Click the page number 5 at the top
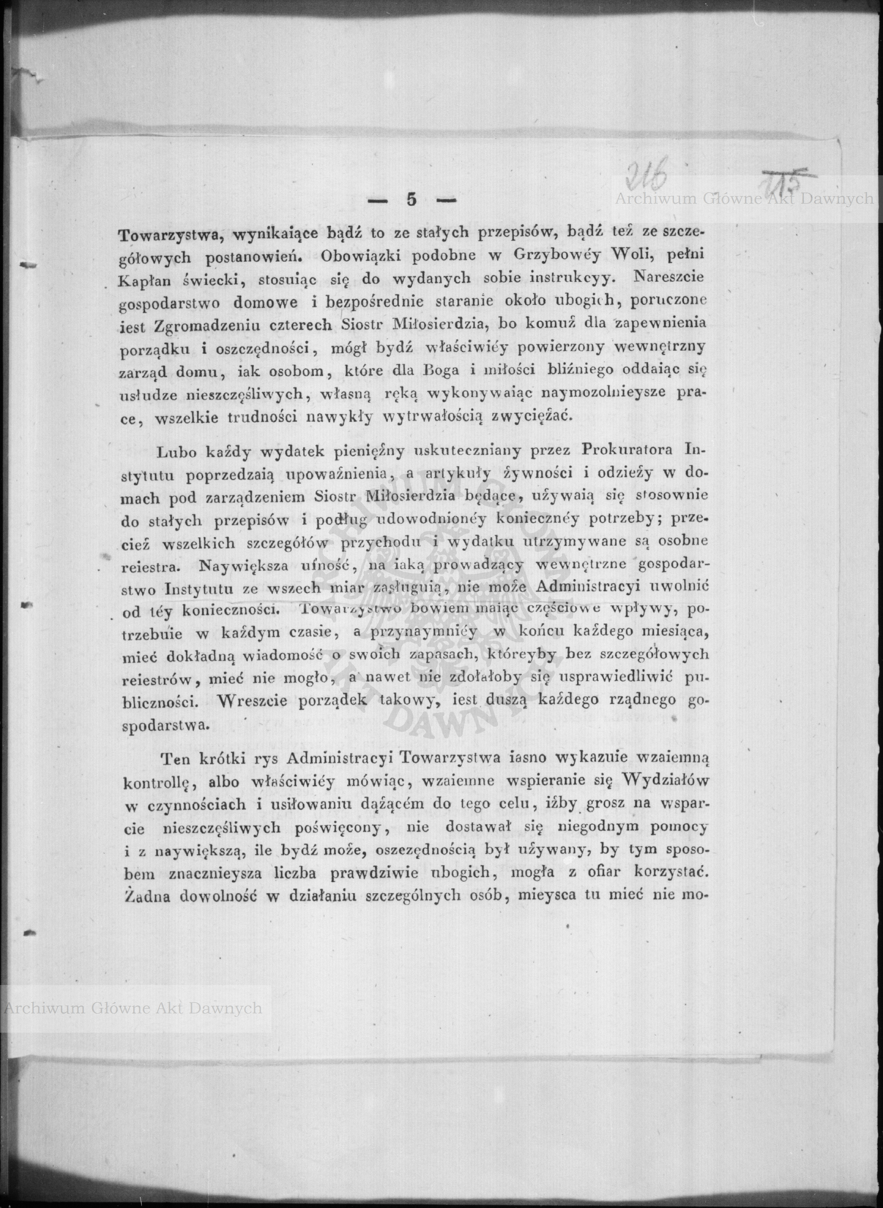(411, 200)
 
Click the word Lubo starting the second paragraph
(177, 452)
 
